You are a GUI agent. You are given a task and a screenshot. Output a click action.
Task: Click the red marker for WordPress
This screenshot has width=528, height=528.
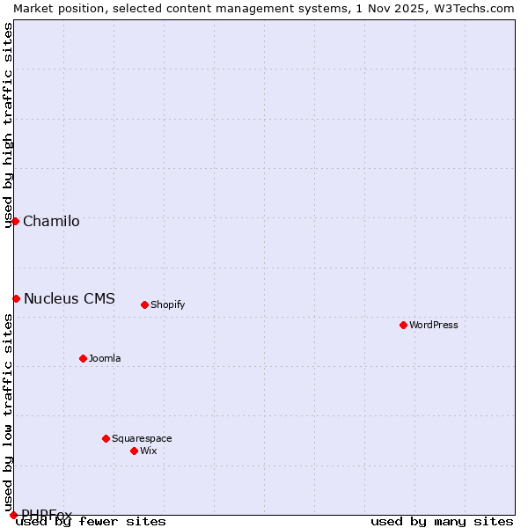click(403, 325)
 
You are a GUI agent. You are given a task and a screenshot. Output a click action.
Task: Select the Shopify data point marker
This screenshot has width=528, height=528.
click(144, 304)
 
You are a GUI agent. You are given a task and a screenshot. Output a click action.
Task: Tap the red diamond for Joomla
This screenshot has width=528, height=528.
click(83, 358)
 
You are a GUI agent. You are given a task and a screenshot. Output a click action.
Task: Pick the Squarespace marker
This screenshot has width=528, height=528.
click(106, 438)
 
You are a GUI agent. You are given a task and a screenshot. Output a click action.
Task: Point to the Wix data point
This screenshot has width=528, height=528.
click(134, 451)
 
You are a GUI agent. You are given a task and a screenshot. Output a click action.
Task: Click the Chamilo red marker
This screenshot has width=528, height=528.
click(15, 221)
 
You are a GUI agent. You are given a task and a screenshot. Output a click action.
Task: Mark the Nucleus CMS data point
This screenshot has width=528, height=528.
click(16, 298)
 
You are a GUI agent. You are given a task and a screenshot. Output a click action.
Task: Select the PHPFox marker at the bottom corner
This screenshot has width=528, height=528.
click(13, 515)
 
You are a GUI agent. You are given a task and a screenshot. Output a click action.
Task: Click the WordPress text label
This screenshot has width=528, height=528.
click(434, 325)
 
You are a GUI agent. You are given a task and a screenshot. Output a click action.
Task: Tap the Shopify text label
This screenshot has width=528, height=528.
click(168, 304)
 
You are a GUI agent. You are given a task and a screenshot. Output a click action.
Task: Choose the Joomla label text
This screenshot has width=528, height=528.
click(105, 358)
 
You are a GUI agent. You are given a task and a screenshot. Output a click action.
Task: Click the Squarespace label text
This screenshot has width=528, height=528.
click(142, 438)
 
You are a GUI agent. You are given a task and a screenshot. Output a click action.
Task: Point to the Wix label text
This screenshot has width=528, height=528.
click(149, 451)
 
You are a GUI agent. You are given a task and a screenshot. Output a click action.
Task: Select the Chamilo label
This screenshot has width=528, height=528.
click(51, 221)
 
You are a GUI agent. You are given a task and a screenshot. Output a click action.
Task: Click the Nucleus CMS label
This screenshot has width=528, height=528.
click(70, 298)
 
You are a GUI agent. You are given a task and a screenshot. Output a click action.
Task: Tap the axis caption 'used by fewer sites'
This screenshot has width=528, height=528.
click(91, 521)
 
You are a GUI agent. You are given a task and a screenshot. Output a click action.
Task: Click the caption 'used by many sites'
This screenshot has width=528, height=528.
click(442, 521)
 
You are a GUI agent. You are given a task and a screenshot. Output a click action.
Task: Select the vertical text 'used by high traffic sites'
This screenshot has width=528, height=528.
click(8, 125)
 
